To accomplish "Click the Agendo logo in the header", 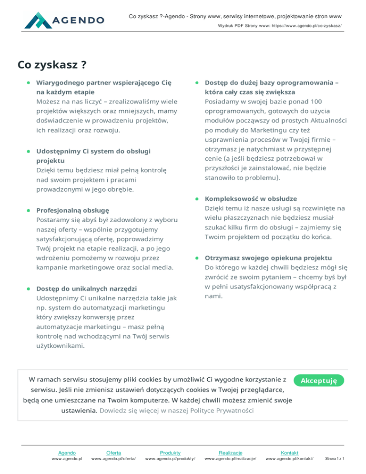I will click(x=65, y=20).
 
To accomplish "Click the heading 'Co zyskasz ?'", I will click(x=52, y=64).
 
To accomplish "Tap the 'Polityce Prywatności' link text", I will click(x=223, y=410).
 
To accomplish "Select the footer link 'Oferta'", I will click(x=113, y=452).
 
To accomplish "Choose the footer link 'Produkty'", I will click(x=170, y=452).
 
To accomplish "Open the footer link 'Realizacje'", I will click(x=230, y=452).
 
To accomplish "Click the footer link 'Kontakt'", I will click(x=290, y=452).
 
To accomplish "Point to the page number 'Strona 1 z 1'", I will click(x=335, y=459).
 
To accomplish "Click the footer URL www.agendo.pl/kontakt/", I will click(x=290, y=459).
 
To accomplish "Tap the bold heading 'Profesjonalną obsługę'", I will click(x=73, y=210).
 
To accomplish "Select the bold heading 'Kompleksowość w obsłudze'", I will click(x=251, y=198).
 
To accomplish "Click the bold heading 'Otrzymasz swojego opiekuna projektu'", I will click(x=269, y=258).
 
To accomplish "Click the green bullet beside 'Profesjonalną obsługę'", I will click(x=29, y=210).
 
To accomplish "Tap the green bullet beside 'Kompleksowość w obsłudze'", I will click(x=197, y=198).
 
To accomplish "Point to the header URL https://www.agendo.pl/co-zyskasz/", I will click(x=302, y=27).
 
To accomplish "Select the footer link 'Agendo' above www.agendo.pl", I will click(x=67, y=452).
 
